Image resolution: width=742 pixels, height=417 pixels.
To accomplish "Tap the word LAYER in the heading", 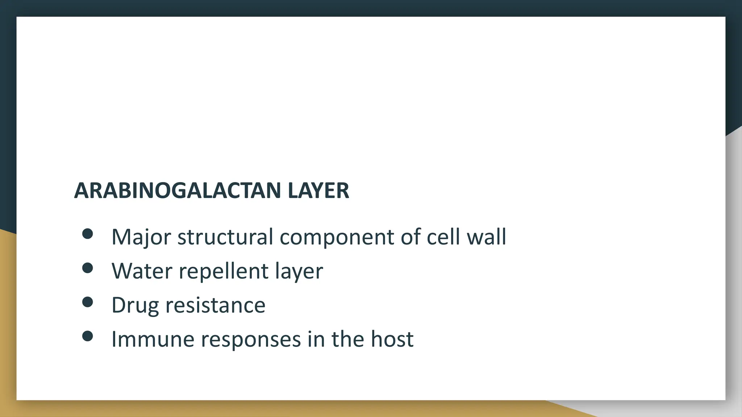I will [318, 190].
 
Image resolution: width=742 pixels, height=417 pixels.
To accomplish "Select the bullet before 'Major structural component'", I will [87, 234].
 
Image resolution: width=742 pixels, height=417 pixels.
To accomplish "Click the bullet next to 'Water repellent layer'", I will [87, 268].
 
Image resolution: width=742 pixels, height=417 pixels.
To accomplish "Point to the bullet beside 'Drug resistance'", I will [87, 302].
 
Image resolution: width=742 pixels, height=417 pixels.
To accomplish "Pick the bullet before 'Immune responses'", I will [87, 336].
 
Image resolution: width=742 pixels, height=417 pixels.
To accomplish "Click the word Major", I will [141, 237].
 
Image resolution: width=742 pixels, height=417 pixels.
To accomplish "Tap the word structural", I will [225, 237].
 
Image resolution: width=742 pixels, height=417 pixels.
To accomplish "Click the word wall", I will [486, 237].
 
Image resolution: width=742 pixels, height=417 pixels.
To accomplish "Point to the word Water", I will [142, 271].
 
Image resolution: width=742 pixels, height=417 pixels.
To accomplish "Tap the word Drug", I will [135, 306].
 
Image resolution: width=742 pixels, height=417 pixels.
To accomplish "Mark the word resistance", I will [215, 305].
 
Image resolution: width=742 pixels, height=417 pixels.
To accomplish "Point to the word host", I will [392, 339].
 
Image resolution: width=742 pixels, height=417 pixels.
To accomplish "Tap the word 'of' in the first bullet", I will [410, 237].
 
